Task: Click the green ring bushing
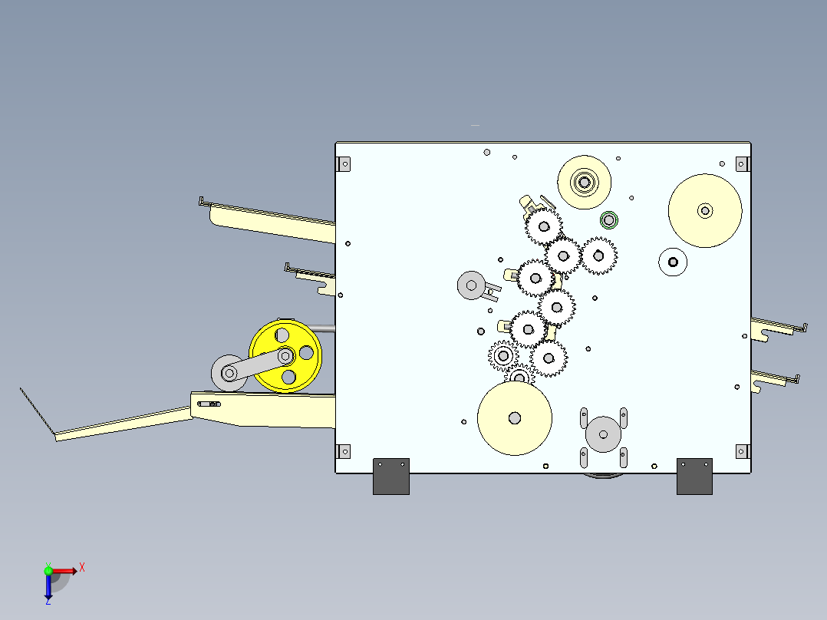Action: (608, 220)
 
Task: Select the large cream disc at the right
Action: (705, 210)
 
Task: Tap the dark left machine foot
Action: (390, 477)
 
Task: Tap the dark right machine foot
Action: (694, 477)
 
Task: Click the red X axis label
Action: (82, 568)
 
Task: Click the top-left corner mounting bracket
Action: (344, 164)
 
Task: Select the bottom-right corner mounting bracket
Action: (743, 451)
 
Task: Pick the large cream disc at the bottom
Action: (514, 418)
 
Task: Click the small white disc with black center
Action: (673, 262)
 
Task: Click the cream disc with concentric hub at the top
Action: (585, 183)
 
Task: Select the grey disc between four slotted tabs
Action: (603, 434)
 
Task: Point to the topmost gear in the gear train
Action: (544, 226)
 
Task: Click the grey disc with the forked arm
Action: (471, 285)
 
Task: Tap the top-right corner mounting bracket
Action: (743, 164)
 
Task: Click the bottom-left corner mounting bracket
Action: (344, 451)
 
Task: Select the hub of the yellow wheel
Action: (286, 355)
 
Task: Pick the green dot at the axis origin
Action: (48, 571)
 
